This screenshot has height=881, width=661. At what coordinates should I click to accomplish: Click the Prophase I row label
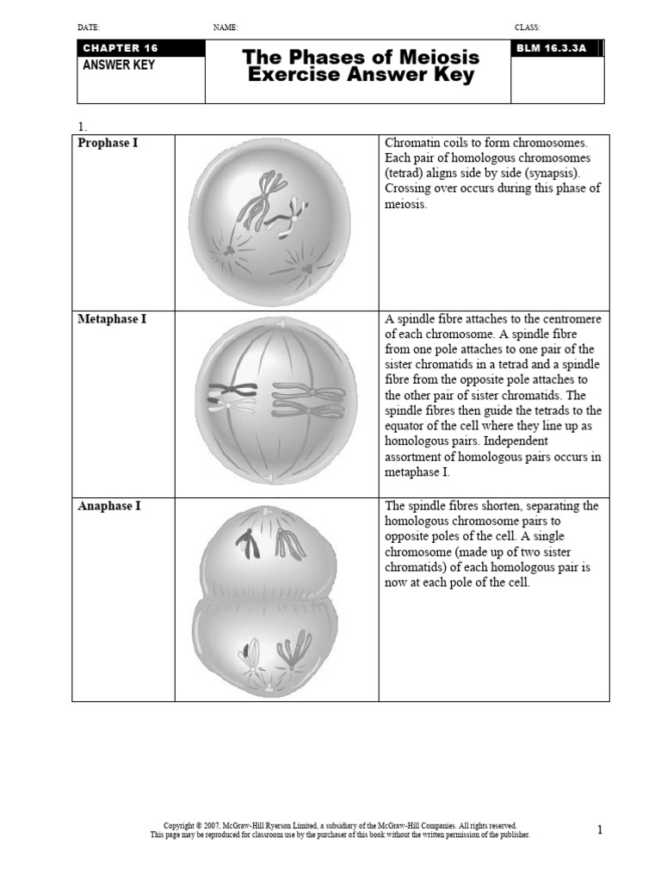(x=108, y=143)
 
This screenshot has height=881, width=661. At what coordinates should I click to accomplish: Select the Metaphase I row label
(x=112, y=319)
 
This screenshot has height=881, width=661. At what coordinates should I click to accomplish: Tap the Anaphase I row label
(x=109, y=506)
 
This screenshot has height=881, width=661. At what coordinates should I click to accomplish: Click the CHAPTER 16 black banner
(x=139, y=48)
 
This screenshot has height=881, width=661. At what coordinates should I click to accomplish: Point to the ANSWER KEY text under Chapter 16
(x=119, y=65)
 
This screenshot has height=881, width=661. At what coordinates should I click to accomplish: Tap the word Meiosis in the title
(x=437, y=58)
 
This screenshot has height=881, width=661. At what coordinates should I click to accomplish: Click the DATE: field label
(x=89, y=28)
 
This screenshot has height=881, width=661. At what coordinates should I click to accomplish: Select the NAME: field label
(x=225, y=28)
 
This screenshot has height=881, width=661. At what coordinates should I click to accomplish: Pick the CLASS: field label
(x=527, y=28)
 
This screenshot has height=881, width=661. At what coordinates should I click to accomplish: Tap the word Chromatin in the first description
(x=413, y=143)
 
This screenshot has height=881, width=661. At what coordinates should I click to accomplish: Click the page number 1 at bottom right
(x=600, y=830)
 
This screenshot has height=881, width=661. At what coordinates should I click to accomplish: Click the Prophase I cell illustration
(x=269, y=221)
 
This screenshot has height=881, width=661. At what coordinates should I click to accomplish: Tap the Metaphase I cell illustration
(x=275, y=401)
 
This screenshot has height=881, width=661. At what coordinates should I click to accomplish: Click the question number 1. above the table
(x=82, y=126)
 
